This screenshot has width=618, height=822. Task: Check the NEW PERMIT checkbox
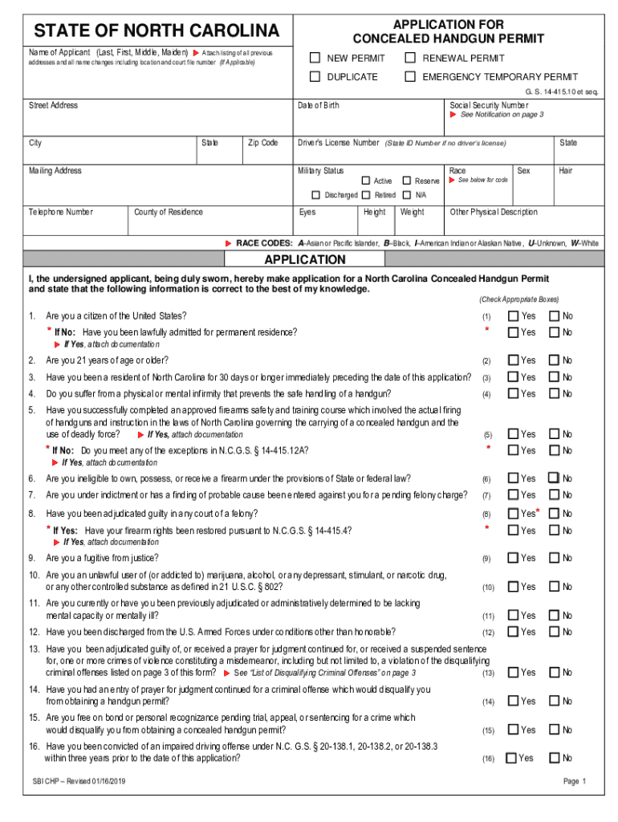pos(315,58)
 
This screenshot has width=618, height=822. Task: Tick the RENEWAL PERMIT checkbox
pos(409,58)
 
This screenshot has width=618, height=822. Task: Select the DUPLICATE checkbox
pos(315,77)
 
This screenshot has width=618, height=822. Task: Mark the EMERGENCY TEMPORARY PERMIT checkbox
pos(409,77)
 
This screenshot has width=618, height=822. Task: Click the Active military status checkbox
pos(366,181)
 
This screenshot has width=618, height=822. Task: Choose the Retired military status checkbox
pos(366,195)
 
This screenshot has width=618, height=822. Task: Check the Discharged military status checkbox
pos(317,195)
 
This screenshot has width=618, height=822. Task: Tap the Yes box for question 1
pos(514,316)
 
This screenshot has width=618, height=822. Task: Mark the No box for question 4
pos(555,394)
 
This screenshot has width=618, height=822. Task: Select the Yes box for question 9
pos(514,558)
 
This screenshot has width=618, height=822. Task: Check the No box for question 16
pos(555,758)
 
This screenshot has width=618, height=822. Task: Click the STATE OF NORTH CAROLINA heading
pos(157,31)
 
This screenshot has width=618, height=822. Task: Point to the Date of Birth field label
pos(318,106)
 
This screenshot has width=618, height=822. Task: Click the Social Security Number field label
pos(488,105)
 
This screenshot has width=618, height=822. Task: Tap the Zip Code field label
pos(263,143)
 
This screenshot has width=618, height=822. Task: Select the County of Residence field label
pos(169,212)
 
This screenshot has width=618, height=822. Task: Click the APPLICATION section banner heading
pos(305,260)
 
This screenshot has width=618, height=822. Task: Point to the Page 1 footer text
pos(575,782)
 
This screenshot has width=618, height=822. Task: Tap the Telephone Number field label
pos(61,212)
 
